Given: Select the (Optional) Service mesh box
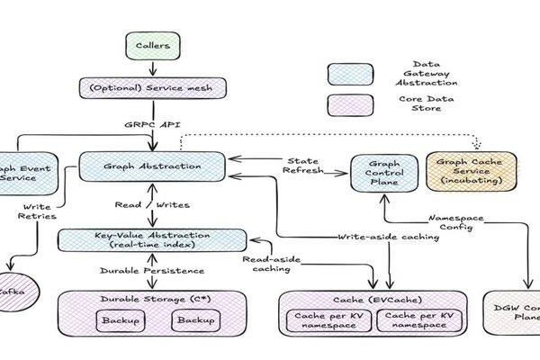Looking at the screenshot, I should (x=152, y=88).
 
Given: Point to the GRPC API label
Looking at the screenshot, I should (x=148, y=126).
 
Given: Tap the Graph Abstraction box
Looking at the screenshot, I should (x=152, y=166).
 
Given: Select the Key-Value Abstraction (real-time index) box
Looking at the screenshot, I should (x=152, y=238).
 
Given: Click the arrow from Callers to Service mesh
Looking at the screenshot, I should (x=150, y=67).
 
